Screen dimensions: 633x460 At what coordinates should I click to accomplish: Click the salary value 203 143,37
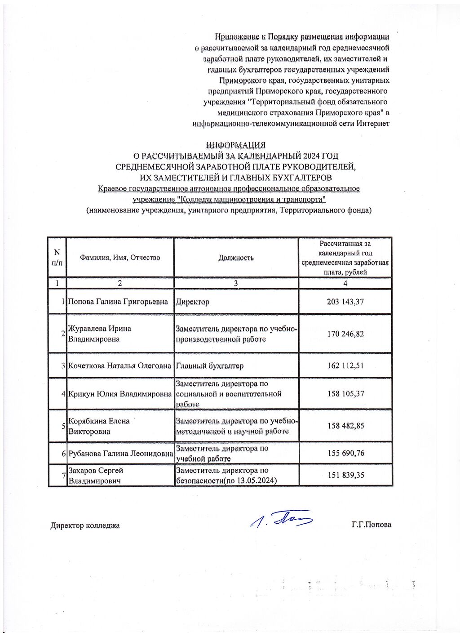pyautogui.click(x=345, y=302)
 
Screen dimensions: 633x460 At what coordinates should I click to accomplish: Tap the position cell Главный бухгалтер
pyautogui.click(x=209, y=366)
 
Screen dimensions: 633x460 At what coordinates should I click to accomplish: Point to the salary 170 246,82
pyautogui.click(x=345, y=334)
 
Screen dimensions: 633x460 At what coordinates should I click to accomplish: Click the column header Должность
pyautogui.click(x=236, y=258)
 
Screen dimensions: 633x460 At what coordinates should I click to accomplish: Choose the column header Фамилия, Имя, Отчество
pyautogui.click(x=119, y=258)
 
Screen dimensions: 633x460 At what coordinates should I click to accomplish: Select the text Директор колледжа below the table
pyautogui.click(x=85, y=525)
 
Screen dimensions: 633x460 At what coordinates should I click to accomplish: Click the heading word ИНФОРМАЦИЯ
pyautogui.click(x=236, y=145)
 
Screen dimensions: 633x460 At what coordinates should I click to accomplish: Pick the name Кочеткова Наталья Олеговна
pyautogui.click(x=119, y=366)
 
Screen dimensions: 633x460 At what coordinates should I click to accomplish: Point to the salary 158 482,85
pyautogui.click(x=345, y=426)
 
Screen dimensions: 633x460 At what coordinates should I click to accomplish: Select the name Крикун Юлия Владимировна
pyautogui.click(x=120, y=394)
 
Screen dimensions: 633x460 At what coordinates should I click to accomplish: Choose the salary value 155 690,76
pyautogui.click(x=345, y=453)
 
